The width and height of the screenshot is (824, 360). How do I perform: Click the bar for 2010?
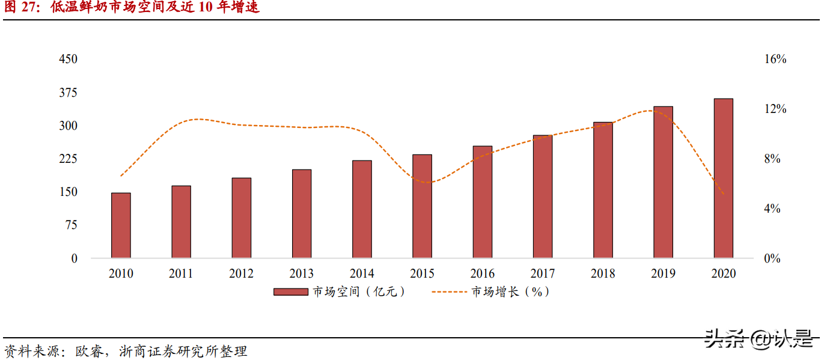[x=121, y=225]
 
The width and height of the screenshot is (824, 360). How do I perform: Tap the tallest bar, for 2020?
[x=723, y=178]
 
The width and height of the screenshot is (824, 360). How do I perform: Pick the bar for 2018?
[x=603, y=190]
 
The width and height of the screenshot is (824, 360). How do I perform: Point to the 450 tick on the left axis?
[x=68, y=59]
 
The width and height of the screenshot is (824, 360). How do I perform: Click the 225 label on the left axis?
[x=68, y=159]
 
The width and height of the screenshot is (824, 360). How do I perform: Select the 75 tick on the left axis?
[x=71, y=225]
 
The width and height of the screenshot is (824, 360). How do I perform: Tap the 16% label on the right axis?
[x=775, y=59]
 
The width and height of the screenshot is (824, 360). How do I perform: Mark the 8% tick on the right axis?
[x=772, y=159]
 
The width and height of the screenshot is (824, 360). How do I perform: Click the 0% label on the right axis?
[x=772, y=258]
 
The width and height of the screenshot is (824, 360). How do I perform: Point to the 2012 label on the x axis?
[x=241, y=274]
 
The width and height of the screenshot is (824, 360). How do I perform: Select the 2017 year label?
[x=543, y=274]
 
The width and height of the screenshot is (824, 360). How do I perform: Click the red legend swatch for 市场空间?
[x=291, y=292]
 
